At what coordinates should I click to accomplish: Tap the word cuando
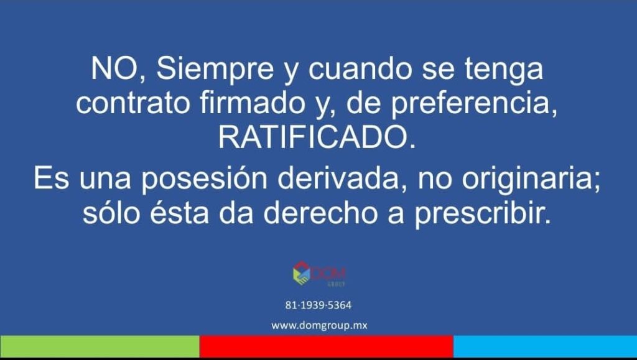tap(360, 68)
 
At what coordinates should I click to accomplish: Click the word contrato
tap(133, 103)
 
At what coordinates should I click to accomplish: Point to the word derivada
tap(338, 178)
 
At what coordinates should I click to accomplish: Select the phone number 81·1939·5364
tap(318, 305)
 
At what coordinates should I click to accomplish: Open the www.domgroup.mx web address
tap(319, 326)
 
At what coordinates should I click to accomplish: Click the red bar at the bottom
tap(326, 346)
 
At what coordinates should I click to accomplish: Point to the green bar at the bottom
tap(100, 346)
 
